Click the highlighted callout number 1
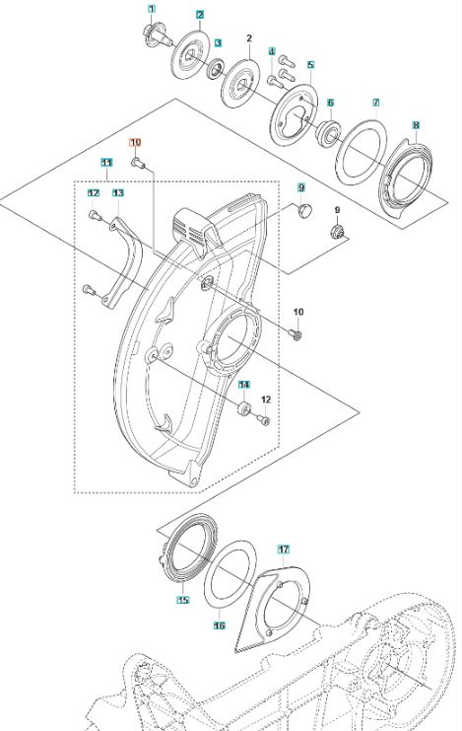(x=152, y=9)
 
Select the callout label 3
(x=218, y=43)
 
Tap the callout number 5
(x=310, y=65)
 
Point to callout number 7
(x=375, y=103)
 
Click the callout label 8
(x=417, y=125)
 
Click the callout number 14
(x=243, y=385)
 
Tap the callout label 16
(x=219, y=624)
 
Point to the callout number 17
(x=283, y=548)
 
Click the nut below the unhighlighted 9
(x=337, y=231)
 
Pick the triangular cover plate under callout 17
(x=274, y=612)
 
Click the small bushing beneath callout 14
(x=242, y=406)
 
